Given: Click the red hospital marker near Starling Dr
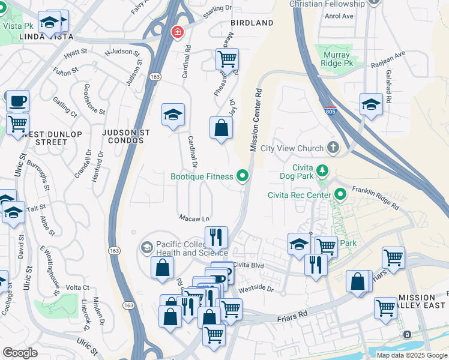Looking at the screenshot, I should point(177,32).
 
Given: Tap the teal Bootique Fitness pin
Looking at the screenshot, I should point(243,176).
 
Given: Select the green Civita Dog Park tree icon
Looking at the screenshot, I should point(323,171).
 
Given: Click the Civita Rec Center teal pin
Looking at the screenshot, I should point(341,194).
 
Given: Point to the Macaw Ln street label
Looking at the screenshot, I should point(194,218).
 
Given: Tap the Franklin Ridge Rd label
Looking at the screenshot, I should point(376,196).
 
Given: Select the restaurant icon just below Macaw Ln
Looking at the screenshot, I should point(216,238).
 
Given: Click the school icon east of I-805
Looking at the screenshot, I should point(371,104).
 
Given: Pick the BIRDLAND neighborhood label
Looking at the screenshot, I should point(252,23).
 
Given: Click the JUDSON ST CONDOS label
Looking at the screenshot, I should point(123,136).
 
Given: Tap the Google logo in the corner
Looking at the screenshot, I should point(20,353).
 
